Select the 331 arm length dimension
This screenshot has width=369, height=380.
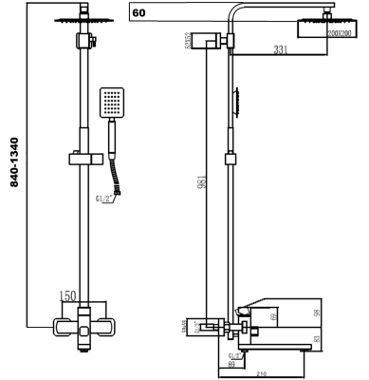click(278, 49)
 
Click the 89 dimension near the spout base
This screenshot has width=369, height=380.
click(232, 363)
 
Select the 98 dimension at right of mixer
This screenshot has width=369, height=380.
click(344, 313)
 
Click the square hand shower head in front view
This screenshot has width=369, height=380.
click(112, 103)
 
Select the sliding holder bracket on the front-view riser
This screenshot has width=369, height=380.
click(81, 154)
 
